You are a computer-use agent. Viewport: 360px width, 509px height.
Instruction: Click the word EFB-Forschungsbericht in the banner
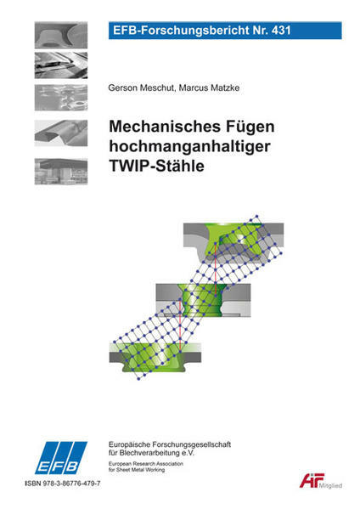tap(177, 31)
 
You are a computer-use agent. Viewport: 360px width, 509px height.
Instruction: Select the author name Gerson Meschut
tap(141, 88)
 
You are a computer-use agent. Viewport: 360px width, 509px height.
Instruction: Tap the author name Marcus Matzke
tap(210, 88)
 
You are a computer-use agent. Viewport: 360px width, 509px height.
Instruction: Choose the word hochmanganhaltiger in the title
tap(189, 147)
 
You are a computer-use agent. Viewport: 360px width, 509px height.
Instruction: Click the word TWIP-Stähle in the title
tap(156, 166)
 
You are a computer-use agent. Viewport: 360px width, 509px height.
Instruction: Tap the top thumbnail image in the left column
tap(61, 35)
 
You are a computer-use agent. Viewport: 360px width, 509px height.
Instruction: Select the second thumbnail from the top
tap(61, 65)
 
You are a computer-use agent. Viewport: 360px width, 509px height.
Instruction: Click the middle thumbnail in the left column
tap(61, 98)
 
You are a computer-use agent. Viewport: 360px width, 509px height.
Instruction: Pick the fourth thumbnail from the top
tap(61, 133)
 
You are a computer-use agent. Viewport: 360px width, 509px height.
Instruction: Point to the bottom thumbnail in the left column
tap(61, 172)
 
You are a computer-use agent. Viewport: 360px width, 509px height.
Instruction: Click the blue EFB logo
tap(61, 458)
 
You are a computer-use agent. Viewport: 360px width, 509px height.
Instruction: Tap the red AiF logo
tap(312, 480)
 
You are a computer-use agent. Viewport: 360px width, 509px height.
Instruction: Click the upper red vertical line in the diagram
tap(216, 269)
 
